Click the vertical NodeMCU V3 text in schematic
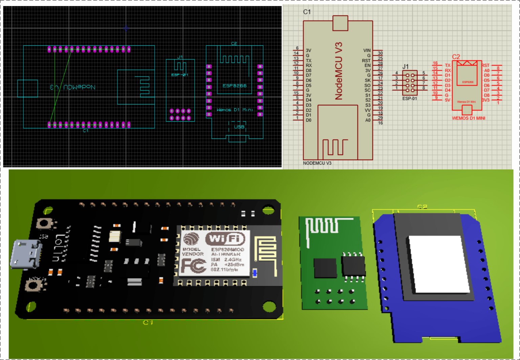coord(339,71)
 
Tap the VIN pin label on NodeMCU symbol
coord(367,50)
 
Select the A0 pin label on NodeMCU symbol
coord(368,120)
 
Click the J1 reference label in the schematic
coord(406,67)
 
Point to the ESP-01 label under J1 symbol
coord(410,98)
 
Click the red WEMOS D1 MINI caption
coord(469,118)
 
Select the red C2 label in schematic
coord(456,57)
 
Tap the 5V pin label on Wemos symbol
coord(448,100)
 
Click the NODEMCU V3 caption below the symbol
coord(317,163)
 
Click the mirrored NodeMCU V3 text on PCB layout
coord(73,87)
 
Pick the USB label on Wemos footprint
coord(239,127)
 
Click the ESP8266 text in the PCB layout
coord(234,86)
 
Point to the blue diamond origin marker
coord(126,28)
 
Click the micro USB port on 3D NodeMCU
coord(26,254)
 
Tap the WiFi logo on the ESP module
coord(225,239)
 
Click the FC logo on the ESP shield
coord(193,266)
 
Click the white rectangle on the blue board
coord(439,264)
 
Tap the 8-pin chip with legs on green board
coord(353,266)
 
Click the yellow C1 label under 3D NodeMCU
coord(148,322)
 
